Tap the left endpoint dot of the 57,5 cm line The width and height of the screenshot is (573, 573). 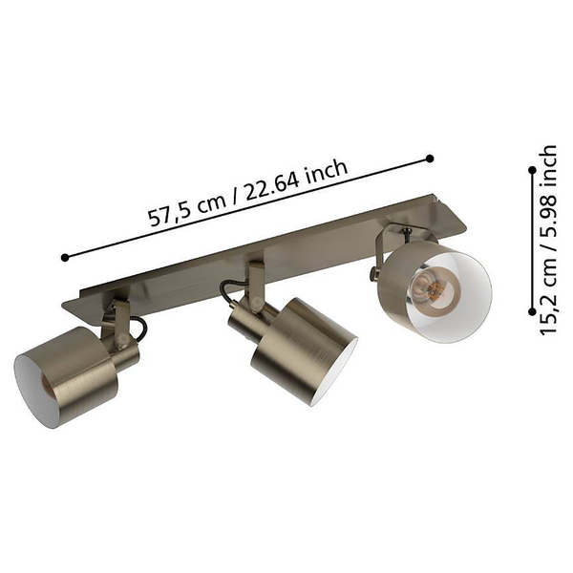point(65,257)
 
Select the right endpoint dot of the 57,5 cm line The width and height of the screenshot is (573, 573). point(430,159)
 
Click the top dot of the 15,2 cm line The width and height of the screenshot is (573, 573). point(533,170)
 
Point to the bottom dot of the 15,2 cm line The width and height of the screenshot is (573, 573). point(533,311)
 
